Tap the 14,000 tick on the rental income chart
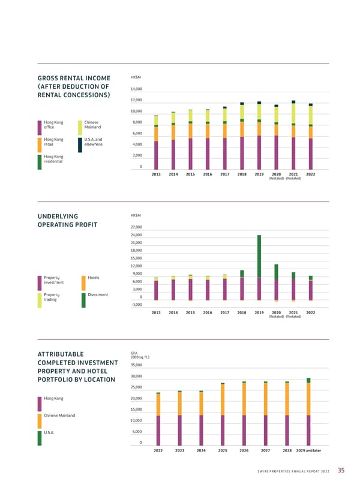(136, 89)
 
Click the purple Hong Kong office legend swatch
(40, 127)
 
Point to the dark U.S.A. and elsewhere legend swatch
(80, 144)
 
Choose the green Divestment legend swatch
(83, 300)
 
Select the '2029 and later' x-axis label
(308, 450)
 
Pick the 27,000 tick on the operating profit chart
(136, 227)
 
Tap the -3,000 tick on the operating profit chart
(136, 305)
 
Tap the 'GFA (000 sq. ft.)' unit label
(139, 356)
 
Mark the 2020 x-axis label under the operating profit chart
(277, 312)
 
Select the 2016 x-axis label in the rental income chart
(208, 174)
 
